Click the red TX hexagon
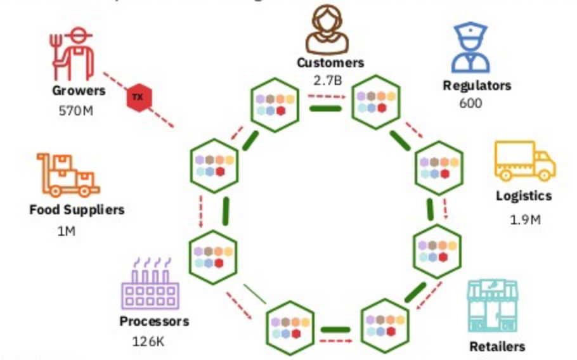pyautogui.click(x=138, y=97)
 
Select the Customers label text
pyautogui.click(x=330, y=63)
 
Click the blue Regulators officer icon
pyautogui.click(x=470, y=48)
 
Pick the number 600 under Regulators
pyautogui.click(x=470, y=103)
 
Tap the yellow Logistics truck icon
pyautogui.click(x=524, y=160)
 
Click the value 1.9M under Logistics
pyautogui.click(x=525, y=220)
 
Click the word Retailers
pyautogui.click(x=497, y=347)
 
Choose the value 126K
pyautogui.click(x=148, y=341)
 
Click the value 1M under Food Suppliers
pyautogui.click(x=66, y=231)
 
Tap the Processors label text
pyautogui.click(x=154, y=321)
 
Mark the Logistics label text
pyautogui.click(x=524, y=196)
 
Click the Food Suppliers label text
pyautogui.click(x=77, y=210)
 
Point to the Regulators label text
pyautogui.click(x=477, y=86)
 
